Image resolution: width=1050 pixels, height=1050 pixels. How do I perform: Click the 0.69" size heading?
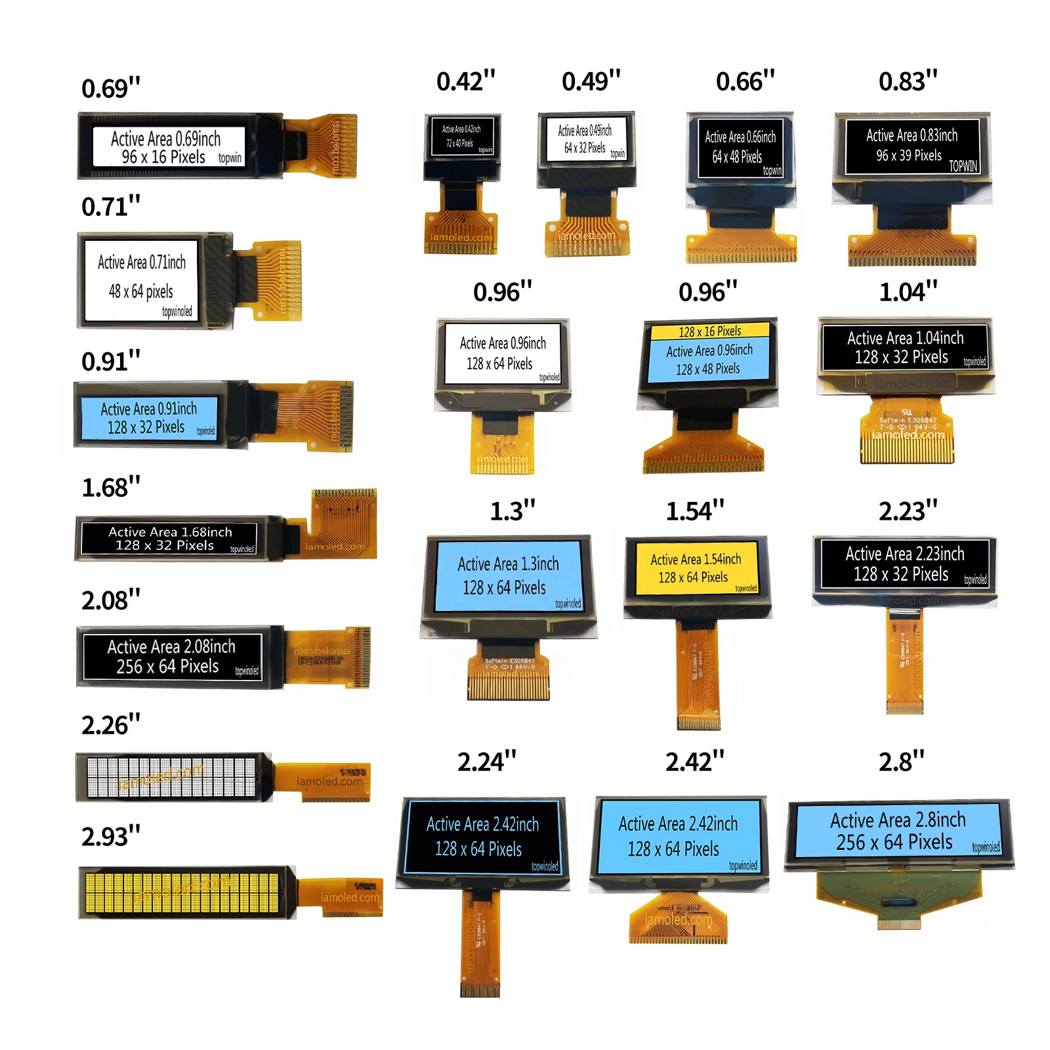pos(110,89)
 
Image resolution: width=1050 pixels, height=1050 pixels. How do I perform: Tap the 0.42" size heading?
pos(465,81)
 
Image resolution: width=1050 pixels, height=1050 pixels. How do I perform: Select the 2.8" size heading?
pos(901,762)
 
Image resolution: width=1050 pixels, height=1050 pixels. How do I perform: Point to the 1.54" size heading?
pos(694,511)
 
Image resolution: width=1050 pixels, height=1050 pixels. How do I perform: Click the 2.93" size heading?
pos(110,837)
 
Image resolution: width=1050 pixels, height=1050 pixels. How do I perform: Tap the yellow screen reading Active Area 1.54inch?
pos(696,568)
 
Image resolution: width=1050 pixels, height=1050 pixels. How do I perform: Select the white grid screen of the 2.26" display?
pos(172,777)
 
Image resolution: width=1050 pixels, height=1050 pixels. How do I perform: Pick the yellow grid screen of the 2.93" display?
pos(186,892)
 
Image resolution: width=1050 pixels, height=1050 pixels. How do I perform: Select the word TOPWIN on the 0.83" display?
pos(963,166)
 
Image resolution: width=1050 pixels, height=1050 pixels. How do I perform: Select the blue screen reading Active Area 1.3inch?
pos(508,576)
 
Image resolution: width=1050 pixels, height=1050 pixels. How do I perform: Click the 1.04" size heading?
pos(908,292)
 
